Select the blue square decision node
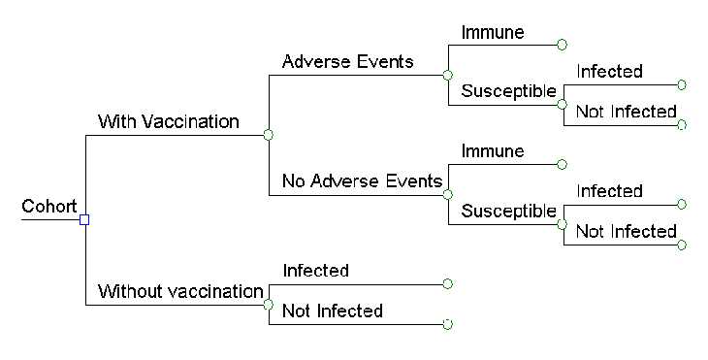(x=84, y=219)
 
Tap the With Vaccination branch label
(x=168, y=122)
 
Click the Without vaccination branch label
(x=180, y=291)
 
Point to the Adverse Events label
(x=347, y=62)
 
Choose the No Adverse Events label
(x=362, y=181)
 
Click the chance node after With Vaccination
(x=269, y=134)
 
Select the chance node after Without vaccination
(x=269, y=304)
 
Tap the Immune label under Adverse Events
(x=493, y=32)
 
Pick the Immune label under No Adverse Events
(x=493, y=151)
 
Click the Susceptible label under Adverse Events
(x=508, y=92)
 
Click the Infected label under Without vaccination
(x=315, y=271)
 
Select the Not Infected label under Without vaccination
(x=332, y=311)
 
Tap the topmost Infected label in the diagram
(x=609, y=72)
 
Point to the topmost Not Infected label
(x=626, y=113)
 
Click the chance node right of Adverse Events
(x=447, y=75)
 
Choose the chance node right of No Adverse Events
(x=447, y=194)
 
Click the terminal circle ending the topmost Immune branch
(x=562, y=45)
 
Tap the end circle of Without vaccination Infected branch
(x=447, y=283)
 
